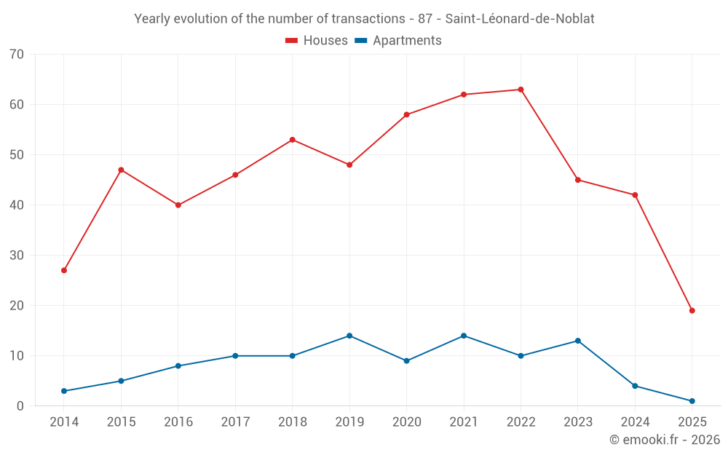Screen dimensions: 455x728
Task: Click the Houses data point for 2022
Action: click(521, 90)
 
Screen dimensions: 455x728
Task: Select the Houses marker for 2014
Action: click(64, 270)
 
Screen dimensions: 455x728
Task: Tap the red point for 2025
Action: click(692, 311)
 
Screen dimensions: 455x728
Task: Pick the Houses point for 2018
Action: click(293, 140)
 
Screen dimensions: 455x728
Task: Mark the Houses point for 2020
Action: click(406, 115)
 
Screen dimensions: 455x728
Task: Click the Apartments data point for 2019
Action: click(349, 336)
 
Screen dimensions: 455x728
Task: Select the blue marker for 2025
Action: click(692, 401)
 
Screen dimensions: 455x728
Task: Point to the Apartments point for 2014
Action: click(64, 391)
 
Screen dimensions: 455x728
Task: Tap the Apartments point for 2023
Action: click(578, 341)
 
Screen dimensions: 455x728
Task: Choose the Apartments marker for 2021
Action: click(464, 336)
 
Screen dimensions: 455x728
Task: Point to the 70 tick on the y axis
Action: click(17, 55)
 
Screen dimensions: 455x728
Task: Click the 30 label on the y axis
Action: click(17, 256)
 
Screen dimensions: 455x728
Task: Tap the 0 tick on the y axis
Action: click(20, 406)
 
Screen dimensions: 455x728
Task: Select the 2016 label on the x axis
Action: click(178, 422)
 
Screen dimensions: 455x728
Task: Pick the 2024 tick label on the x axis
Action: click(635, 422)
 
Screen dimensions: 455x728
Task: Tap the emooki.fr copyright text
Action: click(665, 440)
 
